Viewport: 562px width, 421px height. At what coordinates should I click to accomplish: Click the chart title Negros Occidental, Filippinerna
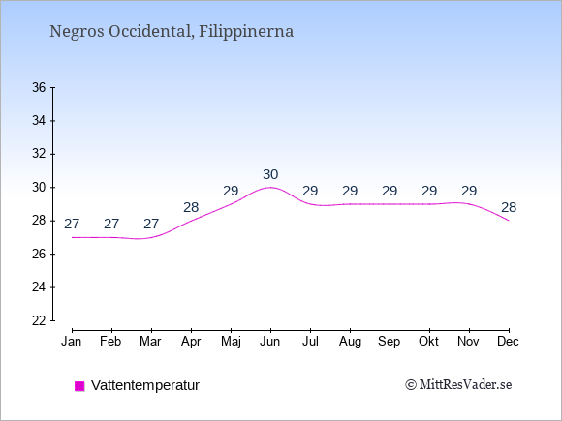pos(172,31)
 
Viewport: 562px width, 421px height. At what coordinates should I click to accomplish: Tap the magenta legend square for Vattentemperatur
pos(79,386)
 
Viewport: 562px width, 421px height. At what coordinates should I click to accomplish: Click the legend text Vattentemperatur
pos(145,385)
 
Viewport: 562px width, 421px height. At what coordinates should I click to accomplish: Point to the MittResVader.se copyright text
pos(458,385)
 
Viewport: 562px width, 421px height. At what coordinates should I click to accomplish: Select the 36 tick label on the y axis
pos(39,87)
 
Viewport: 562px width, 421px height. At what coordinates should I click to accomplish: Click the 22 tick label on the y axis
pos(39,320)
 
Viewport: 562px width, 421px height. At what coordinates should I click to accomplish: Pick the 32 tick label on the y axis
pos(39,154)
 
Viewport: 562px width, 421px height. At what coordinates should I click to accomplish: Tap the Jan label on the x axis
pos(72,342)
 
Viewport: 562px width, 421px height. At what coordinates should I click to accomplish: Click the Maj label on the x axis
pos(231,342)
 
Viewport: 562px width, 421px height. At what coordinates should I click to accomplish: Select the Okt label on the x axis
pos(428,342)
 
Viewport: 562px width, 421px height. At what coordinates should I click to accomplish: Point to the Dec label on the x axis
pos(509,342)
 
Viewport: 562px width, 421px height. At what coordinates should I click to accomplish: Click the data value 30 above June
pos(270,175)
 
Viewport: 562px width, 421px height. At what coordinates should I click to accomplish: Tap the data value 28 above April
pos(191,207)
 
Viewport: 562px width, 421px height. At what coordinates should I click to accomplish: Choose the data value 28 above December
pos(509,207)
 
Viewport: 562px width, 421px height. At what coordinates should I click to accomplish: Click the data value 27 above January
pos(72,225)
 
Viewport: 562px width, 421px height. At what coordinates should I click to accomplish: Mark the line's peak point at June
pos(270,187)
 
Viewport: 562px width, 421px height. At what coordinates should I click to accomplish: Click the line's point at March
pos(151,237)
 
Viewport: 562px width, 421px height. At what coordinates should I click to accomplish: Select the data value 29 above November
pos(469,192)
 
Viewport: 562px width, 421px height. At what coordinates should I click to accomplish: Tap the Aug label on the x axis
pos(350,342)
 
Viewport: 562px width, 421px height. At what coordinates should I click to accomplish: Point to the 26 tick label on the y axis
pos(39,255)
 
